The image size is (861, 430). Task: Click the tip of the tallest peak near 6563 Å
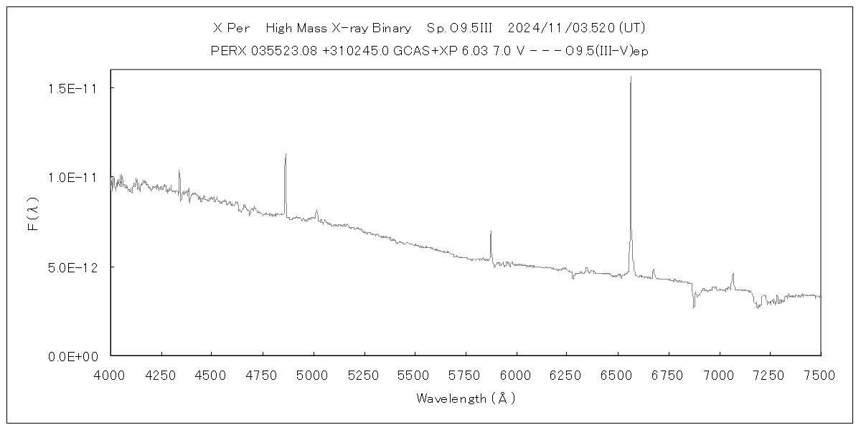click(x=631, y=77)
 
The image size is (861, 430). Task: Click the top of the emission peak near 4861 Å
click(x=286, y=154)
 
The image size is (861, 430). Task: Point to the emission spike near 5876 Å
click(x=491, y=231)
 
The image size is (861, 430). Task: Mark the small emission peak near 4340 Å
click(x=179, y=171)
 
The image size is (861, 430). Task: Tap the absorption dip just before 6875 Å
click(x=694, y=307)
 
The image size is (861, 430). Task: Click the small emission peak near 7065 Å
click(x=733, y=274)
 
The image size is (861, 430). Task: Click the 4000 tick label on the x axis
click(x=110, y=373)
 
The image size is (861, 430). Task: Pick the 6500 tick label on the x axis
click(x=618, y=373)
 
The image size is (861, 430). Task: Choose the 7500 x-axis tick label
click(x=820, y=373)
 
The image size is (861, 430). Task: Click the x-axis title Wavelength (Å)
click(x=466, y=398)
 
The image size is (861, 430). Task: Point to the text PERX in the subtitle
click(x=227, y=51)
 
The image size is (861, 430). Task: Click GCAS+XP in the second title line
click(x=418, y=51)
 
